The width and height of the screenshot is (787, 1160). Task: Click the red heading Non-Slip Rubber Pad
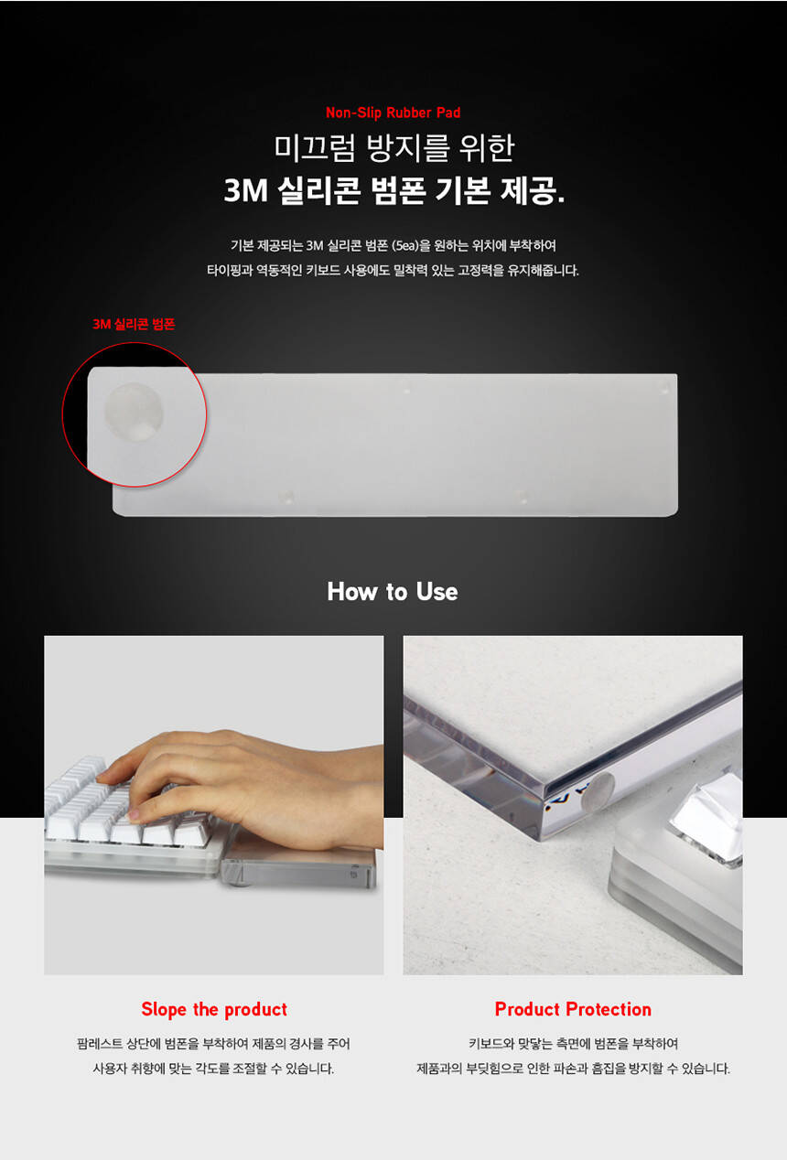[x=393, y=113]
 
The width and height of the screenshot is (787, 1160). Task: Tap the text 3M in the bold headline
[x=245, y=190]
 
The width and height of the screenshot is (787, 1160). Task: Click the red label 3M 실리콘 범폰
[x=134, y=324]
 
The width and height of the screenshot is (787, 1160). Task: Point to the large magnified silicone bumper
[x=134, y=413]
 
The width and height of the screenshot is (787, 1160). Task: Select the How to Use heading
[x=393, y=591]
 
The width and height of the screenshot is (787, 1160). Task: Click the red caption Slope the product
[x=214, y=1009]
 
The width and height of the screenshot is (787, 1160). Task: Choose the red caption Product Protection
[x=573, y=1009]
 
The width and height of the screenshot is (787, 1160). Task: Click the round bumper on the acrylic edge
[x=598, y=792]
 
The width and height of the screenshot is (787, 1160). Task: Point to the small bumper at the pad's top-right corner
[x=664, y=389]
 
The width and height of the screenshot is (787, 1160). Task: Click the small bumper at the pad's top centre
[x=406, y=390]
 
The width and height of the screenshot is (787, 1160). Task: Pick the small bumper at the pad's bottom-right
[x=522, y=498]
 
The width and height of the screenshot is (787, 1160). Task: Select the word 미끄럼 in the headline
[x=315, y=147]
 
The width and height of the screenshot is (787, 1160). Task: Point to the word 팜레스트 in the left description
[x=100, y=1044]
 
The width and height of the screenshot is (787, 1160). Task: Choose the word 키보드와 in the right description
[x=491, y=1044]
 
